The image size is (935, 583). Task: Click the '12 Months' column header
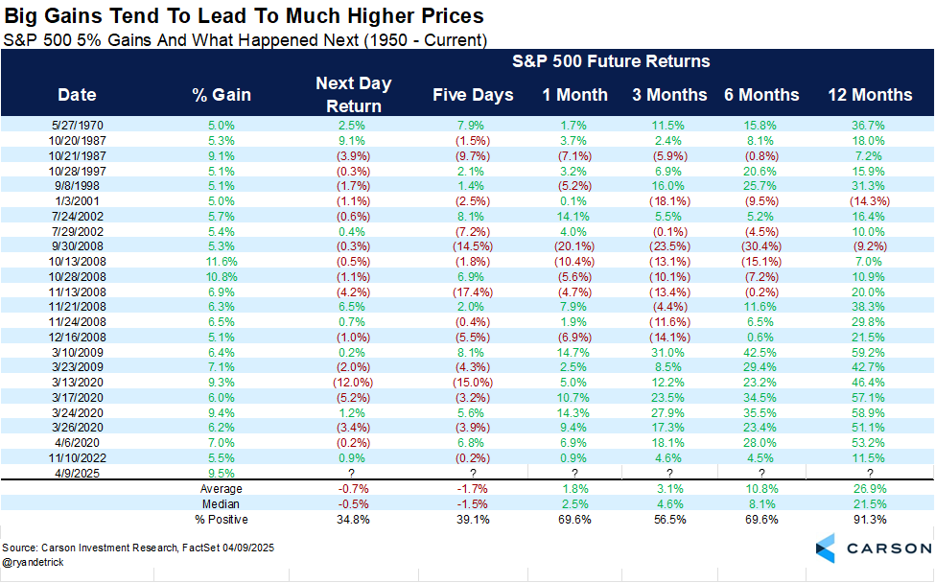[870, 95]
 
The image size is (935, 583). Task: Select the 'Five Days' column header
[473, 95]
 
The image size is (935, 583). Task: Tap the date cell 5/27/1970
[77, 125]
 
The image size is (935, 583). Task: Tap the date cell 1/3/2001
[77, 200]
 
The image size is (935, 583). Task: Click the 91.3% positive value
[870, 519]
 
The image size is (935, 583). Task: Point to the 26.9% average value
[870, 489]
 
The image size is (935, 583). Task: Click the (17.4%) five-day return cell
[473, 291]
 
